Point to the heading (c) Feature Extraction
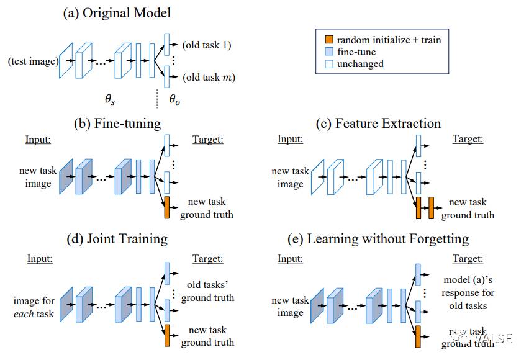[380, 123]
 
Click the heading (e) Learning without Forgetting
[379, 238]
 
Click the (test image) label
[33, 61]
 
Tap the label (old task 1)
[207, 45]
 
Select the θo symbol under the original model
[174, 99]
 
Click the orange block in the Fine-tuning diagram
[166, 207]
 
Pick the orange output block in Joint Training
[166, 335]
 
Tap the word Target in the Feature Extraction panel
[468, 139]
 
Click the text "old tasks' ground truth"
[207, 292]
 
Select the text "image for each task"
[34, 307]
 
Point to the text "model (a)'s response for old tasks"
[468, 292]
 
